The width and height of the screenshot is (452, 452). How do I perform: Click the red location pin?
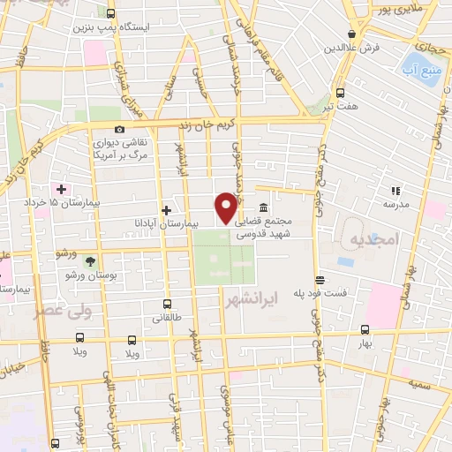[227, 207]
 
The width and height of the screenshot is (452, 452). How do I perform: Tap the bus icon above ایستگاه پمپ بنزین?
[110, 13]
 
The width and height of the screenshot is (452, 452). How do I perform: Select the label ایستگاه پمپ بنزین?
[125, 27]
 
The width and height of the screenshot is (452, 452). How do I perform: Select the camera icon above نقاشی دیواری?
[120, 129]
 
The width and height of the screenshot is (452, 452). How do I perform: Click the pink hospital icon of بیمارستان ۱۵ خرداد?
[61, 189]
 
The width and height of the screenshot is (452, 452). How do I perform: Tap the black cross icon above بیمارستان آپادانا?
[166, 209]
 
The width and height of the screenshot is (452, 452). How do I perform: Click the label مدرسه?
[395, 204]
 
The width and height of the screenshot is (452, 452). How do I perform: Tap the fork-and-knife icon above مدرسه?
[395, 190]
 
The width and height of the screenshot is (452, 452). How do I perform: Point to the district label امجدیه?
[374, 240]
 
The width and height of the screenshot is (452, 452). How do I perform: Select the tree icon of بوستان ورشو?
[90, 260]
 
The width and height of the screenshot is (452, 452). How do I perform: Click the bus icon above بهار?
[365, 328]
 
